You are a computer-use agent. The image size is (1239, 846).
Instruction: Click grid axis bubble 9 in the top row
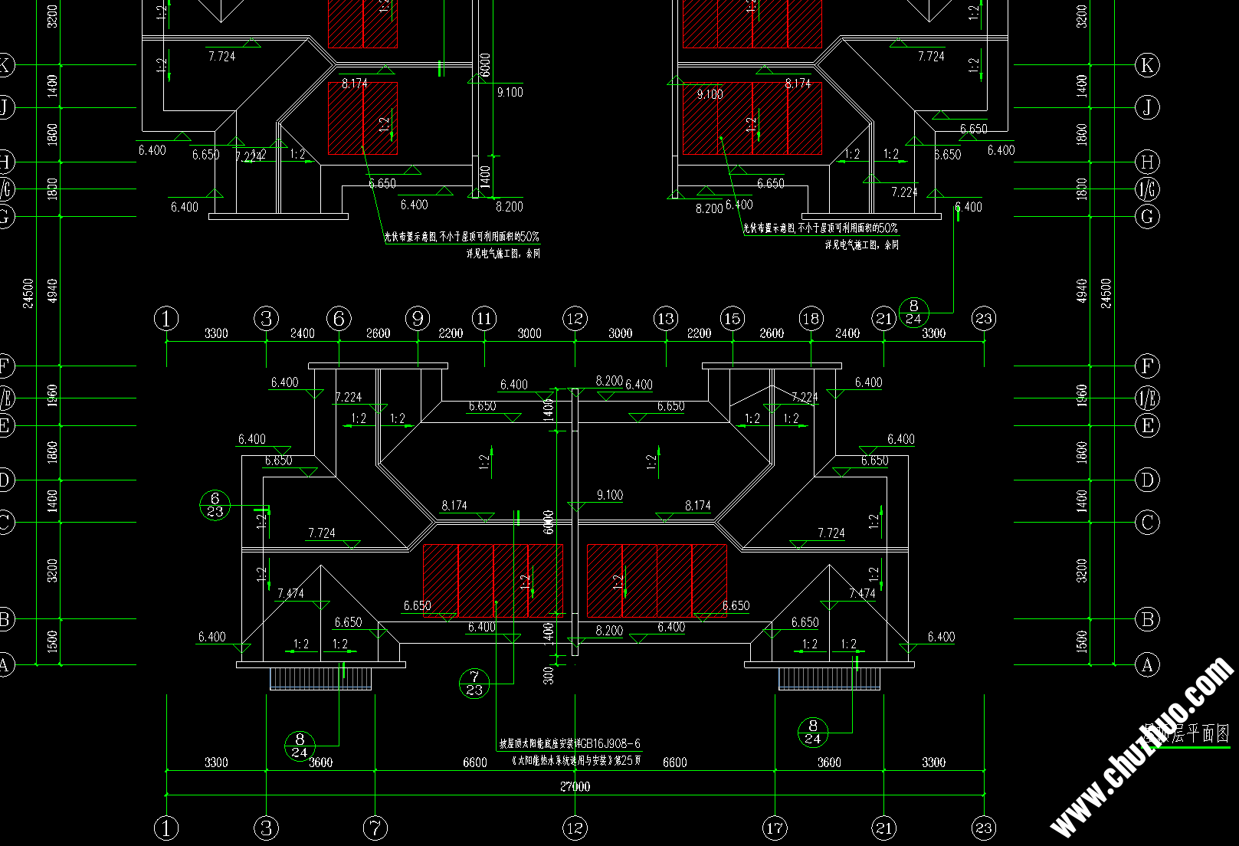tap(418, 318)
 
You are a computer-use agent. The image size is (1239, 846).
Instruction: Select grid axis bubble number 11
tap(484, 318)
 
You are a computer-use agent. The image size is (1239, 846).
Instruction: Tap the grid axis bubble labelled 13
tap(666, 318)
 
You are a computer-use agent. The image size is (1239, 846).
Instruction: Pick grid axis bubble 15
tap(733, 318)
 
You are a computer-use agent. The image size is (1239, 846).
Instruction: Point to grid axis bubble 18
tap(811, 318)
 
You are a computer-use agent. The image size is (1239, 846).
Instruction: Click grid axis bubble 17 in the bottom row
tap(775, 828)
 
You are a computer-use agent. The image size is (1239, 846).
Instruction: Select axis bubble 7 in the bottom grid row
tap(375, 828)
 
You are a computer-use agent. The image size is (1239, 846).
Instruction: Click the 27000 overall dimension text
tap(575, 786)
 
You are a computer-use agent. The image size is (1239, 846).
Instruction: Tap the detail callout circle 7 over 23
tap(474, 684)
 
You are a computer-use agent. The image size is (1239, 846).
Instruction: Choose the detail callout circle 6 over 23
tap(215, 505)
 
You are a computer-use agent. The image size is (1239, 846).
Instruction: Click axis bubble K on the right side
tap(1147, 65)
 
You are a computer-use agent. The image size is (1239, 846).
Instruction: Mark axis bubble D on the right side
tap(1147, 480)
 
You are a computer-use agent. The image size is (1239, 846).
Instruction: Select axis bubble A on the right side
tap(1147, 664)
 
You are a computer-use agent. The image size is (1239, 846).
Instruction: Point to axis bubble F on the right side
tap(1147, 366)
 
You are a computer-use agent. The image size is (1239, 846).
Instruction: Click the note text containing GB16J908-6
tap(570, 743)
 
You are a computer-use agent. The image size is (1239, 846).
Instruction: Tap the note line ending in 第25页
tap(576, 760)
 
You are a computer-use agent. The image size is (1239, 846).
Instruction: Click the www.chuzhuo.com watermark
tap(1142, 748)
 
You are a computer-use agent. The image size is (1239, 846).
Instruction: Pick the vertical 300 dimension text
tap(548, 675)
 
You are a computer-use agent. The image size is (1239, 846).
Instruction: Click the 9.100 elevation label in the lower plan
tap(610, 495)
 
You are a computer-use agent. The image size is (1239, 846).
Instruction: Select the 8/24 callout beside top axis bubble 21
tap(913, 313)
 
